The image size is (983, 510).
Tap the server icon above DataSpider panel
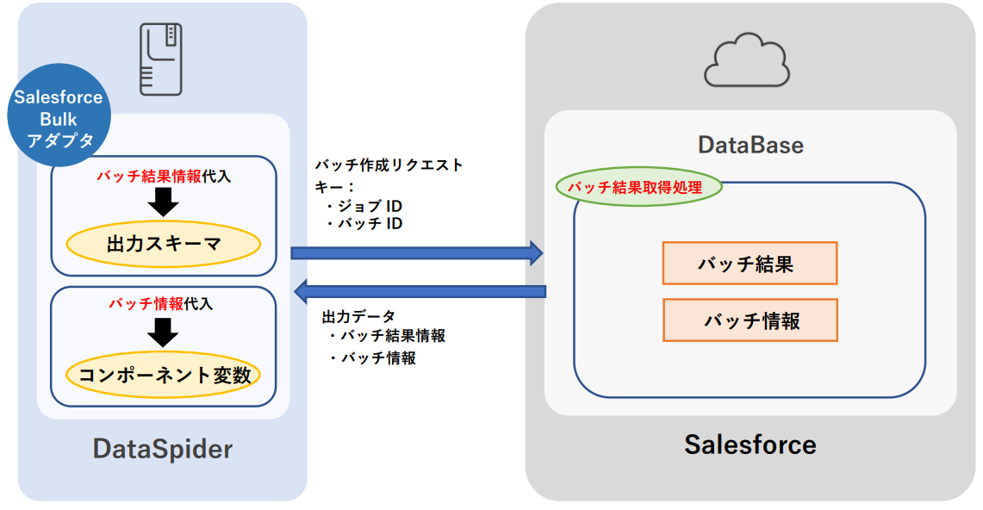tap(161, 58)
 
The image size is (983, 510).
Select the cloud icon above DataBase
tap(747, 60)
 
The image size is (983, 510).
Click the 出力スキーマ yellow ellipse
tap(164, 244)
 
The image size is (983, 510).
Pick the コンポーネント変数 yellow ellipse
tap(164, 376)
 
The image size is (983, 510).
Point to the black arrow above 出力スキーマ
tap(163, 202)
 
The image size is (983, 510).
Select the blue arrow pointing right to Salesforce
tap(417, 252)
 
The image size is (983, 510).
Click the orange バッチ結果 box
tap(750, 264)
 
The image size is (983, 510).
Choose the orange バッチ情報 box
tap(750, 320)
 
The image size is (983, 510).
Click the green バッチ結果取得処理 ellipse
tap(639, 187)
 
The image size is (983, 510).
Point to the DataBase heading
tap(750, 144)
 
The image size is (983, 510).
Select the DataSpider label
tap(163, 449)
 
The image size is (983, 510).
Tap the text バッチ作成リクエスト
tap(389, 165)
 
